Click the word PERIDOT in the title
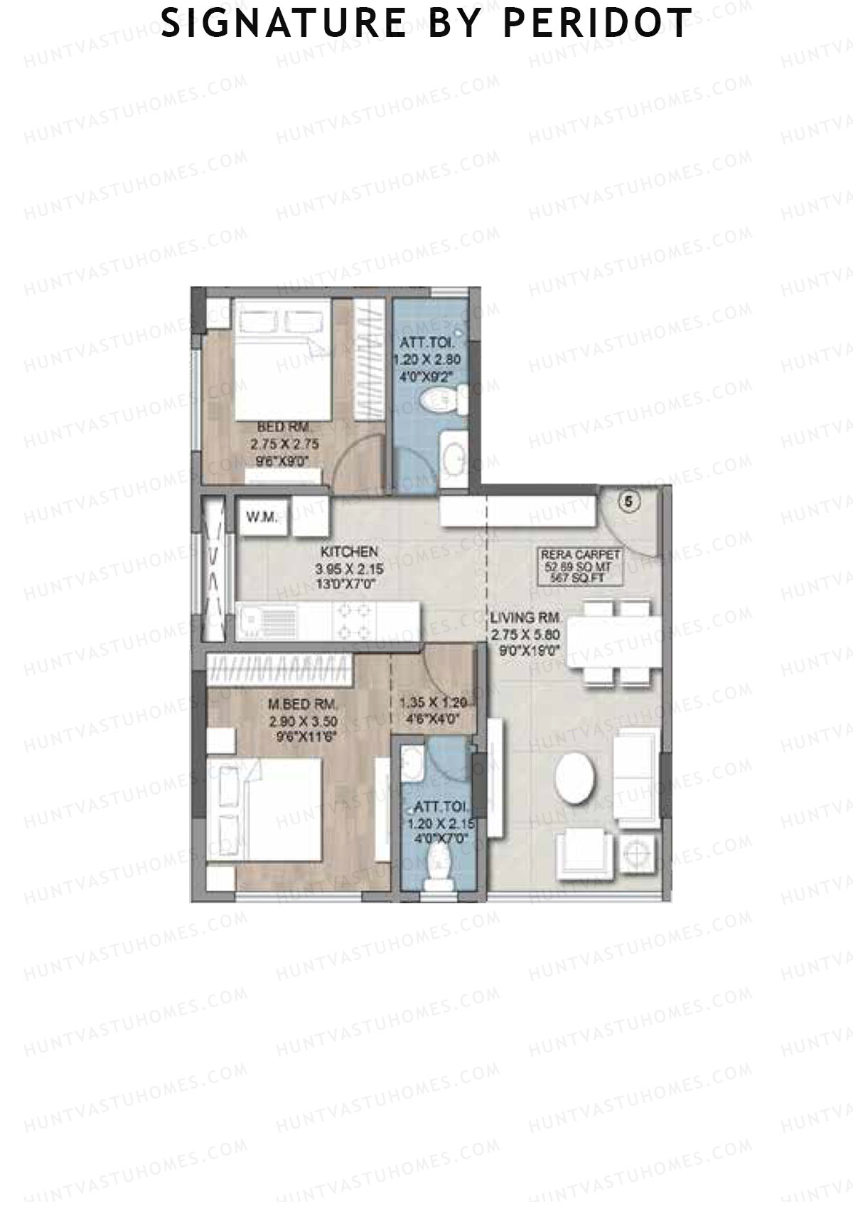(597, 23)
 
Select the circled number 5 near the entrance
(628, 502)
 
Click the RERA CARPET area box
(581, 567)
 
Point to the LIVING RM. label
(526, 617)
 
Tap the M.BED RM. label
(302, 705)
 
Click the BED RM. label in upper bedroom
(283, 427)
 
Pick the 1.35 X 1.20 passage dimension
(432, 703)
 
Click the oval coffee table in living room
(576, 777)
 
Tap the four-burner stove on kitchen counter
(355, 621)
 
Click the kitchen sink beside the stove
(260, 622)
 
